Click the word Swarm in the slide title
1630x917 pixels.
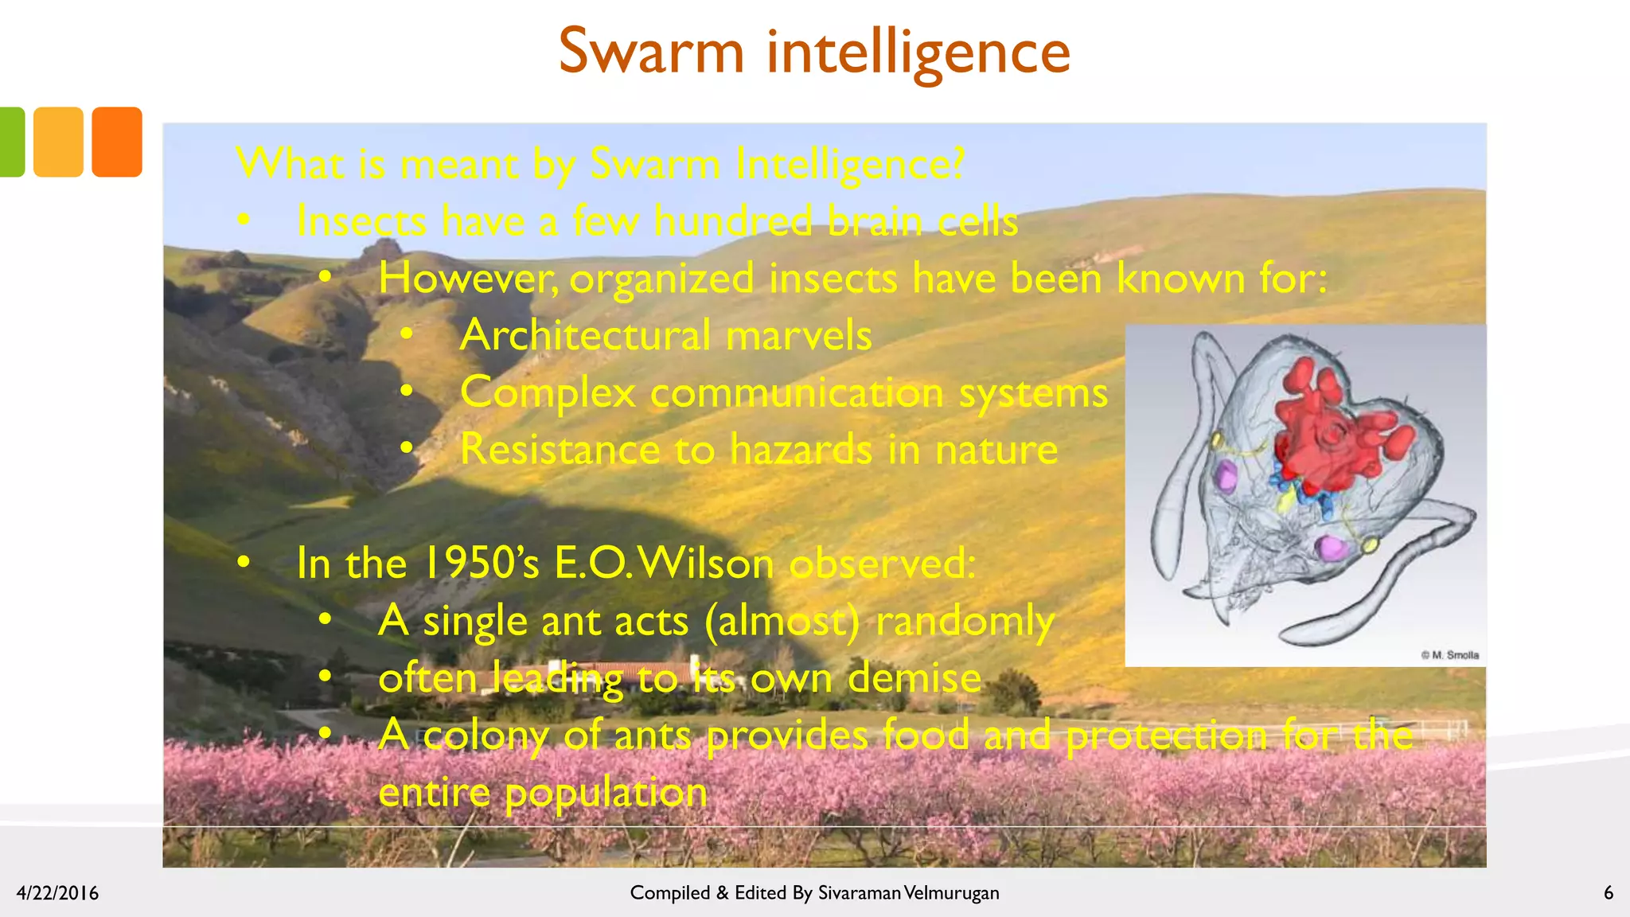click(x=651, y=52)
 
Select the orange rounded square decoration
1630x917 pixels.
click(x=117, y=142)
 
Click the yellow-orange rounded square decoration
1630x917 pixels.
click(x=58, y=142)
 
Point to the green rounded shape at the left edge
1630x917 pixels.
click(x=11, y=142)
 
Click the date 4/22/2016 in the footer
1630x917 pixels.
click(x=57, y=893)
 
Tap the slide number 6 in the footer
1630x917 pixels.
click(x=1608, y=893)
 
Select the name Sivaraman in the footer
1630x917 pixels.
click(x=859, y=893)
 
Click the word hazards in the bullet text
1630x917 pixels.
click(x=801, y=450)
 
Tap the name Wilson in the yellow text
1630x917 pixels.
click(x=706, y=564)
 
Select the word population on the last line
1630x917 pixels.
click(x=606, y=793)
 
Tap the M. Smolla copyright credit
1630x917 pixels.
click(x=1450, y=655)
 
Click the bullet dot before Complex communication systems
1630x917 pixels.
click(x=407, y=392)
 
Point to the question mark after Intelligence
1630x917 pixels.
click(x=956, y=164)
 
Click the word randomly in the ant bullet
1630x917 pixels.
click(x=965, y=622)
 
